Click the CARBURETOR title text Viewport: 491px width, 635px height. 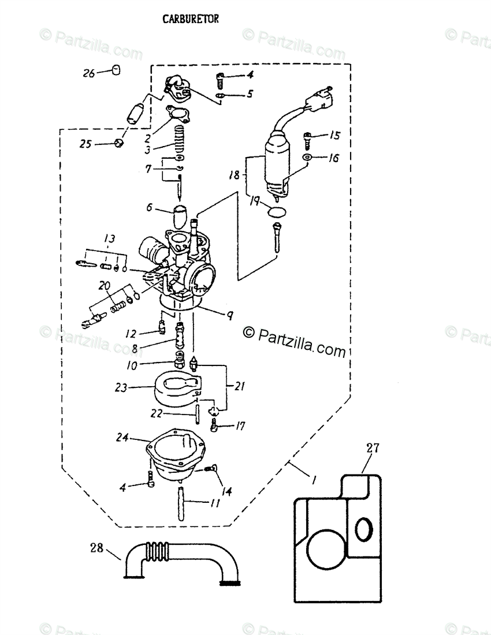click(191, 19)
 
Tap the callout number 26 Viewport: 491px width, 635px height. click(89, 73)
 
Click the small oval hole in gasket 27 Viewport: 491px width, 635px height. click(363, 530)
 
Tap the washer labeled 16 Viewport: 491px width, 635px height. click(307, 156)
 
